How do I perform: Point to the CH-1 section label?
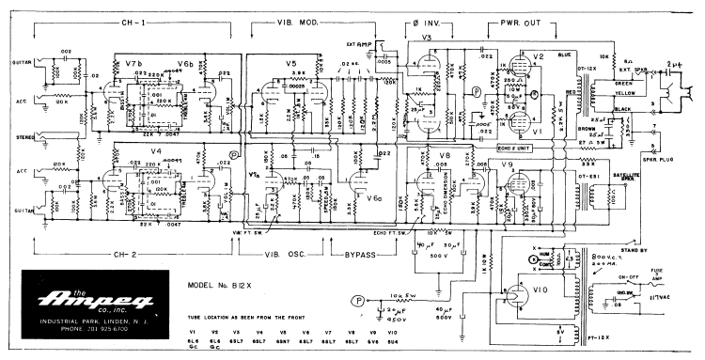[132, 21]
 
